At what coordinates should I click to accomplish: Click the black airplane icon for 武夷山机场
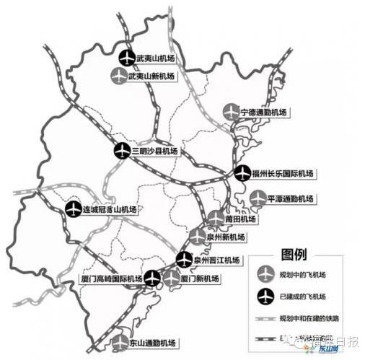coord(126,57)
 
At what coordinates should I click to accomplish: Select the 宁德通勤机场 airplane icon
coord(230,113)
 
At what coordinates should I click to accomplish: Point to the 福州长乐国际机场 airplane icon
coord(242,173)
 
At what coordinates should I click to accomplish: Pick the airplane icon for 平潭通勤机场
coord(257,198)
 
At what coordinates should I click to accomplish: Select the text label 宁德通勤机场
coord(264,113)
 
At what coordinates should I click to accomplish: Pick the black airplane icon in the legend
coord(266,296)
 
